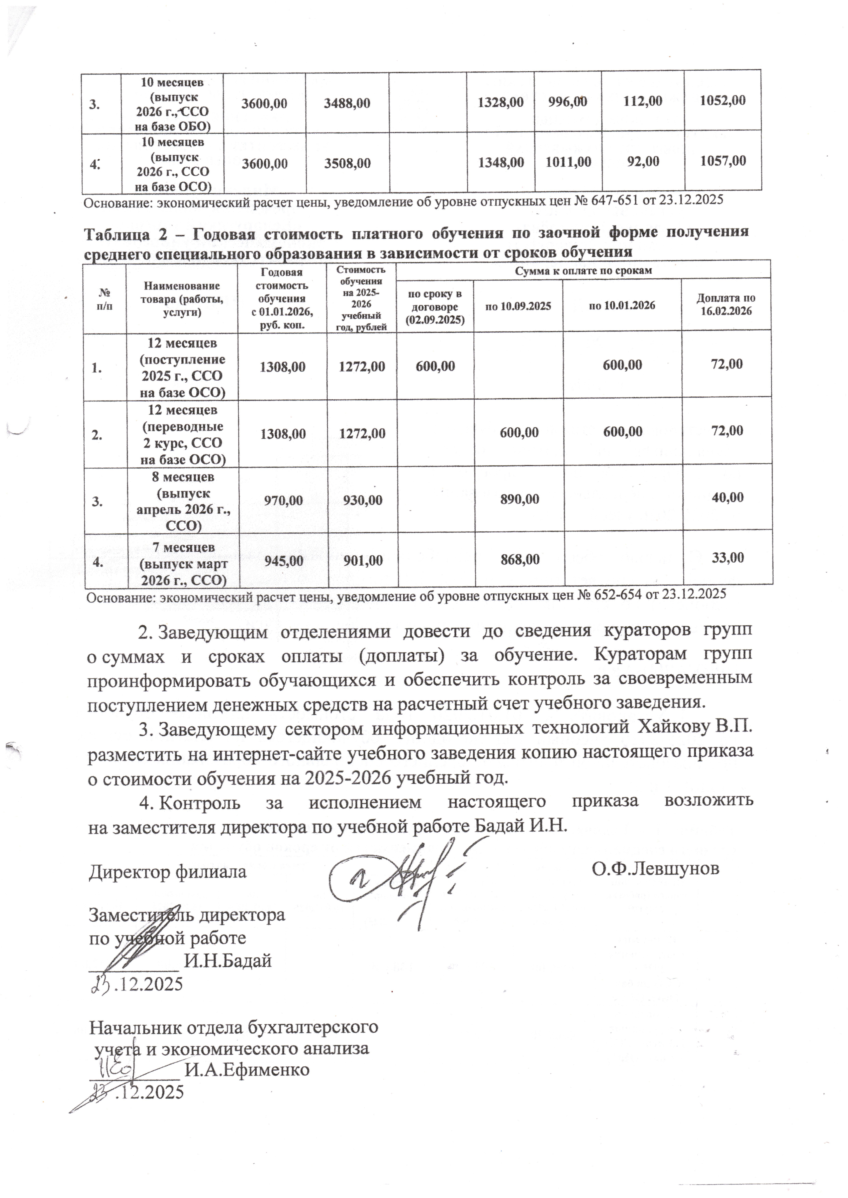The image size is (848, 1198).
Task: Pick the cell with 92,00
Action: tap(643, 161)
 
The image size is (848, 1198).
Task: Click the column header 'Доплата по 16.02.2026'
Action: tap(726, 304)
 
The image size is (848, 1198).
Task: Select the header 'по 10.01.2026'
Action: tap(622, 305)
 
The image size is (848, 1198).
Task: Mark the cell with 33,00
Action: tap(727, 558)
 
